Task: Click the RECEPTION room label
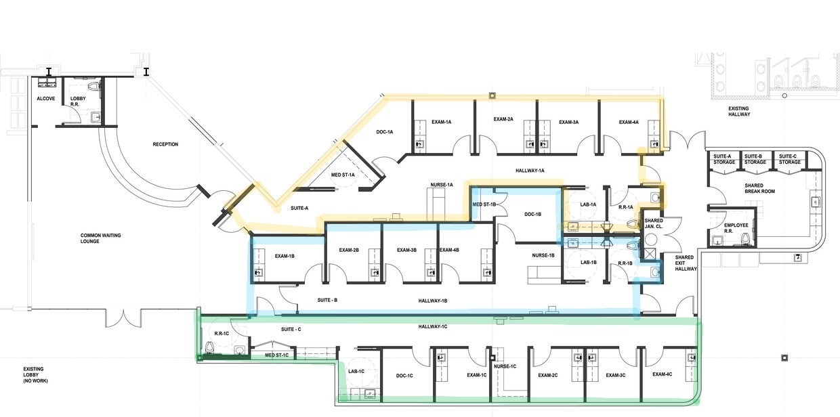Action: pyautogui.click(x=165, y=144)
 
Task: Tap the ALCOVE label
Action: pyautogui.click(x=45, y=99)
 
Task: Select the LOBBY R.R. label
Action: pyautogui.click(x=78, y=102)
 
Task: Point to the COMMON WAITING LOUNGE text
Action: pyautogui.click(x=100, y=238)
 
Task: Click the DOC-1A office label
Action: pyautogui.click(x=385, y=132)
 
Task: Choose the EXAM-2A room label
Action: pyautogui.click(x=503, y=119)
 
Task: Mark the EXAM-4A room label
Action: pyautogui.click(x=629, y=123)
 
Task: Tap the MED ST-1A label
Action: pyautogui.click(x=342, y=175)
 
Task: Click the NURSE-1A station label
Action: pyautogui.click(x=442, y=185)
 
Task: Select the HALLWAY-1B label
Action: pyautogui.click(x=433, y=300)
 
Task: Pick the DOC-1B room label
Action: pyautogui.click(x=533, y=214)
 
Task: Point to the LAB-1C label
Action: pyautogui.click(x=356, y=371)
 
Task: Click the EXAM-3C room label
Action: pyautogui.click(x=615, y=375)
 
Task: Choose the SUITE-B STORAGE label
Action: pyautogui.click(x=755, y=159)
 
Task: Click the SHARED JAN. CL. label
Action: pyautogui.click(x=654, y=224)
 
